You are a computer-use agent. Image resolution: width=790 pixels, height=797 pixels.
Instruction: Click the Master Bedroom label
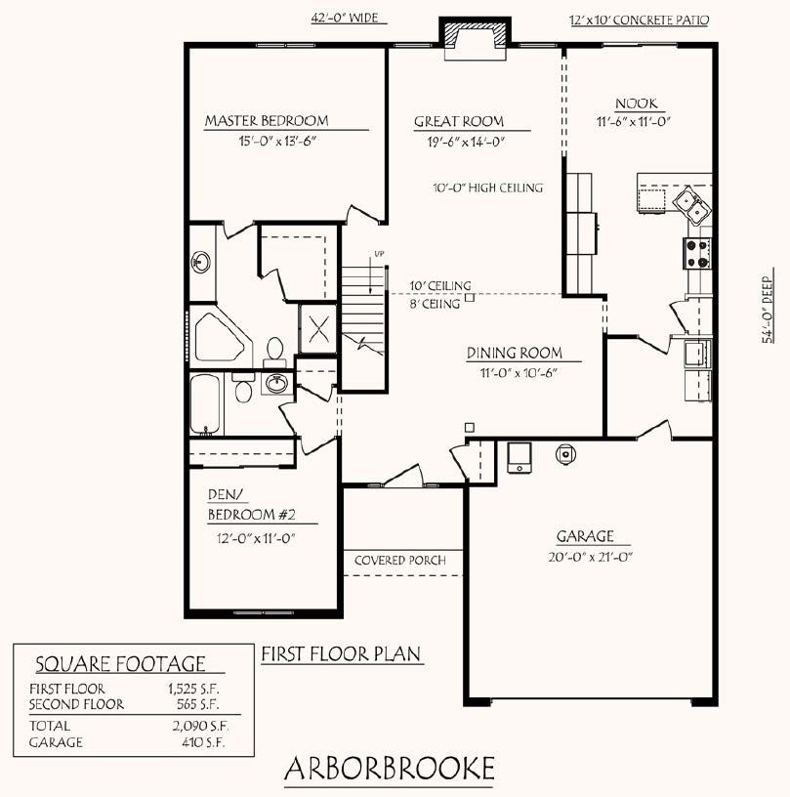pos(267,121)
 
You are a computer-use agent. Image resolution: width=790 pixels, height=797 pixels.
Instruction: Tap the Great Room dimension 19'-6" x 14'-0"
pos(467,142)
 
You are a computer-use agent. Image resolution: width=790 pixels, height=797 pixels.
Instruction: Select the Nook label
pos(637,104)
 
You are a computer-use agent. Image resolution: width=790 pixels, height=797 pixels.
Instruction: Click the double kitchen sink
pos(692,206)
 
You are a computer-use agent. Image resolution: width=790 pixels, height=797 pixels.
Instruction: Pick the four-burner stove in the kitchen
pos(697,253)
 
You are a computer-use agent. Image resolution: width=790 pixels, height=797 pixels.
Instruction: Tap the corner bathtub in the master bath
pos(222,336)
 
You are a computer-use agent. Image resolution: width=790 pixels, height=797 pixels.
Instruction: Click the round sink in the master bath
pos(201,263)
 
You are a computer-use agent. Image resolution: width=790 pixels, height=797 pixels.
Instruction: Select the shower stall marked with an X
pos(318,329)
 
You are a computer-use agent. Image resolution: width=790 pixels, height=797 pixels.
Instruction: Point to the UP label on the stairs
pos(379,254)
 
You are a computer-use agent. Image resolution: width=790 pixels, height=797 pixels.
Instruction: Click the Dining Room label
pos(515,353)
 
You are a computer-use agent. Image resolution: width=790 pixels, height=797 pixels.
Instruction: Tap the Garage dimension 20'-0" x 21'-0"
pos(591,557)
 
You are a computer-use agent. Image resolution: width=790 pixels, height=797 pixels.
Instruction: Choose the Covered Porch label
pos(400,561)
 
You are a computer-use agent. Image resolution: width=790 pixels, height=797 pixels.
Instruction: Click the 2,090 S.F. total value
pos(200,726)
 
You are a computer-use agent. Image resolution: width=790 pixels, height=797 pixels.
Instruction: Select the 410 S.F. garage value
pos(203,742)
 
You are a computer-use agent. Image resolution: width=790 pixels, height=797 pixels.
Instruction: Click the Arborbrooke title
pos(390,768)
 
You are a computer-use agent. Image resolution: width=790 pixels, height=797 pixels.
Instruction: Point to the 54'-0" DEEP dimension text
pos(768,310)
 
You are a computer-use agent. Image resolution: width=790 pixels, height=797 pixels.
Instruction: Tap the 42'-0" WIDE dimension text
pos(345,18)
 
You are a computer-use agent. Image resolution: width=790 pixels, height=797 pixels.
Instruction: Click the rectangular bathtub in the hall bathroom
pos(205,404)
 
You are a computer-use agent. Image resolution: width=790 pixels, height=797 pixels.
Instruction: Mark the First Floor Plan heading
pos(342,654)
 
